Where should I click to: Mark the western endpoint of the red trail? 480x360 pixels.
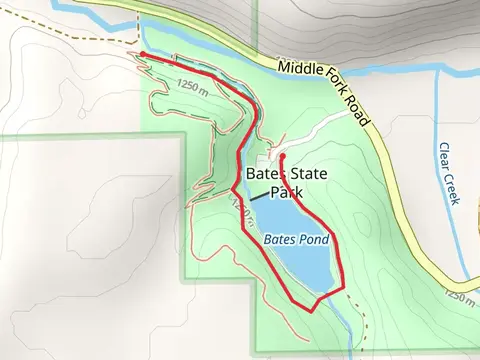[x=143, y=54]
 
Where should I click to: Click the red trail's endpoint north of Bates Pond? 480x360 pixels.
[x=282, y=156]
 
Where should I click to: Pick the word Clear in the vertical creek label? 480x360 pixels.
[x=444, y=156]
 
